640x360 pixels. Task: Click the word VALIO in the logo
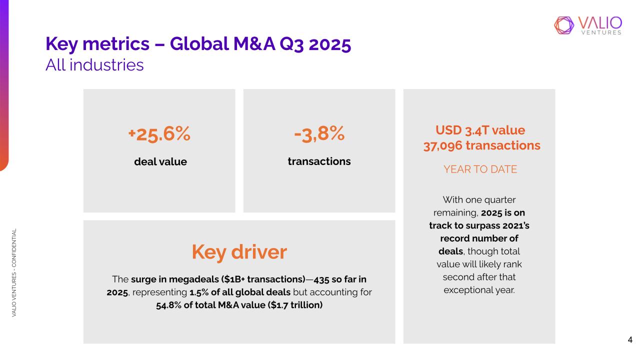click(600, 22)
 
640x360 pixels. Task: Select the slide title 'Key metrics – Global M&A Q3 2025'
click(198, 44)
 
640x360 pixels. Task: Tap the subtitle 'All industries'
click(94, 64)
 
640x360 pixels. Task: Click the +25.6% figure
click(159, 134)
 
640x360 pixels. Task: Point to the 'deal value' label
click(160, 161)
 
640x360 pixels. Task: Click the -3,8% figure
click(319, 133)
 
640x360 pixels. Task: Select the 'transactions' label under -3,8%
click(319, 161)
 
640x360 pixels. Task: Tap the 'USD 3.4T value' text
click(480, 130)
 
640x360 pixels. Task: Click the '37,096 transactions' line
click(481, 145)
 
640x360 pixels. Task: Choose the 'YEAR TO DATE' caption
click(480, 169)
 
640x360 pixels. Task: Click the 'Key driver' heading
click(239, 252)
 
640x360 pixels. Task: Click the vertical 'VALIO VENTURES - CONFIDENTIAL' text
click(15, 272)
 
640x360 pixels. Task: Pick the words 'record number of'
click(479, 238)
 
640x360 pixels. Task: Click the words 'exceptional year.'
click(479, 290)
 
